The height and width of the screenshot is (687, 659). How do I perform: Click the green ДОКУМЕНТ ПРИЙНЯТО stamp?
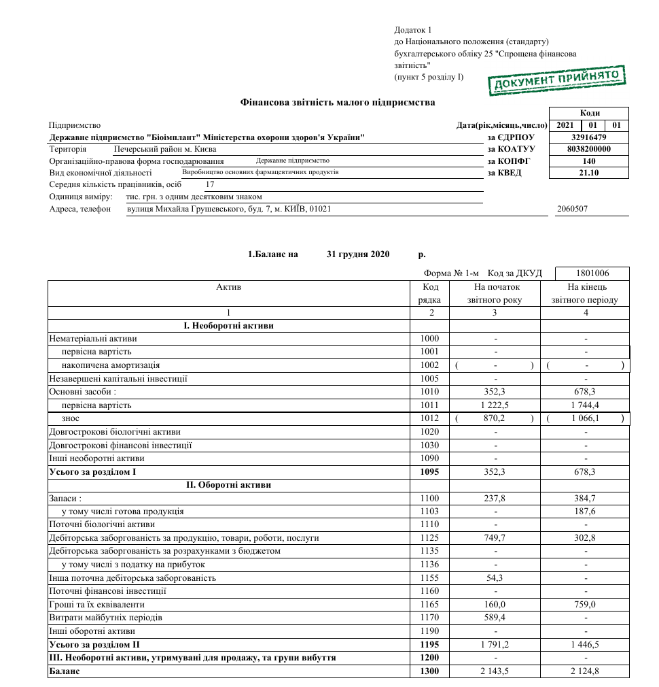pos(556,80)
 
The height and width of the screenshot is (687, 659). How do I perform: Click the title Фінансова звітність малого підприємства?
pos(338,103)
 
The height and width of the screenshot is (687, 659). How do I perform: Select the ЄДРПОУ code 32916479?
pos(589,137)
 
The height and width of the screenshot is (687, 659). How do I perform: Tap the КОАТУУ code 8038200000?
pos(589,149)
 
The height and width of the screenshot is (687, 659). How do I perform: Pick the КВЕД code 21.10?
pos(589,173)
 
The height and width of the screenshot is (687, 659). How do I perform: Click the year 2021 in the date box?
pos(565,126)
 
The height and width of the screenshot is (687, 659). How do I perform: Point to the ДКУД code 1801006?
pos(592,273)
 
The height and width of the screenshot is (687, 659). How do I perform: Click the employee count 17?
pos(210,184)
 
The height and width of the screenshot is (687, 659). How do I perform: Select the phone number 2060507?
pos(572,210)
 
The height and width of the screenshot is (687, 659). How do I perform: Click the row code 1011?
pos(430,405)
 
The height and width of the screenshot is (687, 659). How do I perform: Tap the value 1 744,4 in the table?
pos(584,405)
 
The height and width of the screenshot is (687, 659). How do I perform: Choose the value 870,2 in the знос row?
pos(494,419)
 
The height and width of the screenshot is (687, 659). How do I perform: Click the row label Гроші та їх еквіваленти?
pos(97,605)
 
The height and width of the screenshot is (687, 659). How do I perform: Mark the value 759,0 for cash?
pos(584,605)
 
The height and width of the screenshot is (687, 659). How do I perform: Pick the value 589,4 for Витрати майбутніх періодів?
pos(494,618)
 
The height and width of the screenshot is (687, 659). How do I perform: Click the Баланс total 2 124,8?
pos(584,671)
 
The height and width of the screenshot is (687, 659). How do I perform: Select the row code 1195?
pos(430,644)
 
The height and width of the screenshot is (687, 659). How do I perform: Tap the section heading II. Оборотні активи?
pos(228,485)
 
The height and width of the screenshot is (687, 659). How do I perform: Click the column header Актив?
pos(228,287)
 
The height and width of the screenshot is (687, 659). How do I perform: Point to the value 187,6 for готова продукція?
pos(584,512)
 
